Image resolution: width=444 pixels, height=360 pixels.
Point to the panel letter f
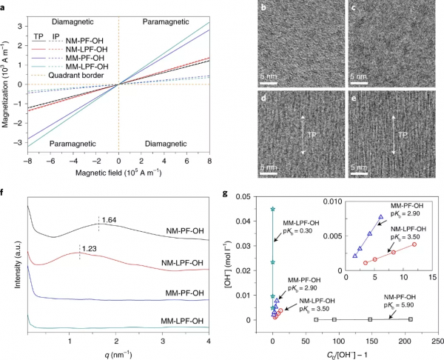click(4, 195)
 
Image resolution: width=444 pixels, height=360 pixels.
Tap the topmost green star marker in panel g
click(273, 210)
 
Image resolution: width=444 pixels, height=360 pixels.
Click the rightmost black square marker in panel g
click(411, 319)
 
